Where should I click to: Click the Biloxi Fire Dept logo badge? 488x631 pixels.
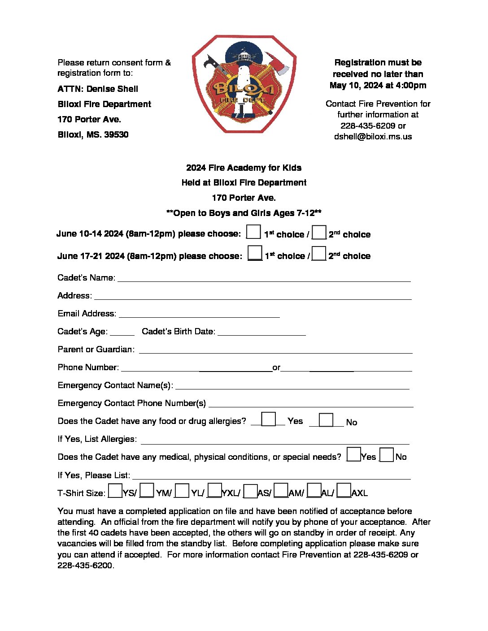pyautogui.click(x=244, y=84)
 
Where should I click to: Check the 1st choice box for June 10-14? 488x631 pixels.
pyautogui.click(x=253, y=232)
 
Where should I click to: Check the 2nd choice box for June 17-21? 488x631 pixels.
pyautogui.click(x=319, y=254)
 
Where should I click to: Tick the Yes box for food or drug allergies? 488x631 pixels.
pyautogui.click(x=268, y=419)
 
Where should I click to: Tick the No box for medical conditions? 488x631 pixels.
pyautogui.click(x=387, y=455)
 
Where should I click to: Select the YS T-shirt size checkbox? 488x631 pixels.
pyautogui.click(x=115, y=491)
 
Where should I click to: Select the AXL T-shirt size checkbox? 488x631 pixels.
pyautogui.click(x=344, y=491)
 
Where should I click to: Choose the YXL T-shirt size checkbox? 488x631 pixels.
pyautogui.click(x=215, y=491)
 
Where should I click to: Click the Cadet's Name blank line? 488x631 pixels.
pyautogui.click(x=264, y=279)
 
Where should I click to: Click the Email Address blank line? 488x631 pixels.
pyautogui.click(x=199, y=315)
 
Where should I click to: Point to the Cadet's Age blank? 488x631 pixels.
pyautogui.click(x=122, y=333)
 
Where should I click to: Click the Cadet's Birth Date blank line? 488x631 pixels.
pyautogui.click(x=261, y=333)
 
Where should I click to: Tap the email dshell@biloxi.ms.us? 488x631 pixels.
pyautogui.click(x=373, y=137)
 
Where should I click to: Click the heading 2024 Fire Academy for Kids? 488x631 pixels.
pyautogui.click(x=244, y=168)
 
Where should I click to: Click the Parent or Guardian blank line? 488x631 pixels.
pyautogui.click(x=275, y=350)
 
